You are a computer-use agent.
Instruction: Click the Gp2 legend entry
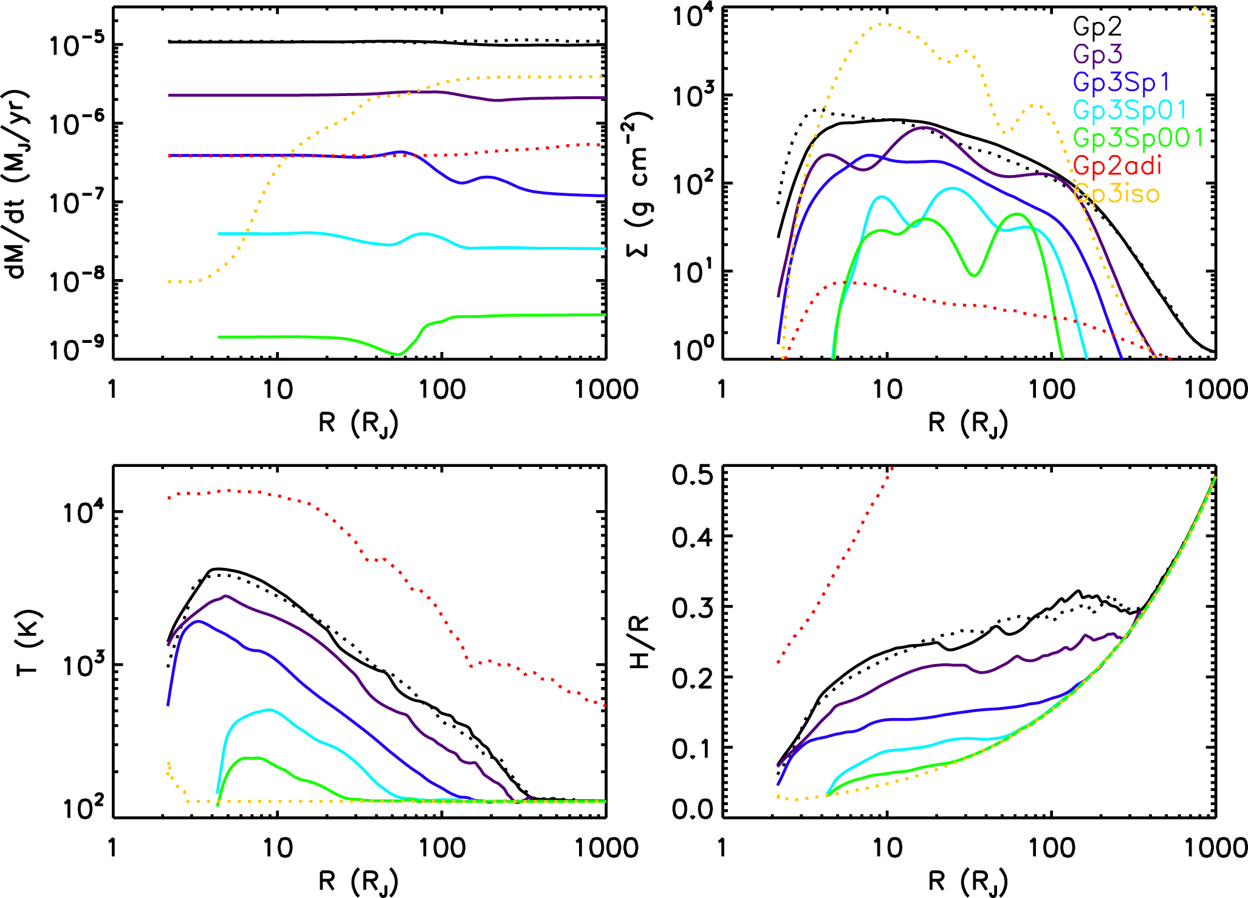1097,27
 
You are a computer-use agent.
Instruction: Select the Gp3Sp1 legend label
1122,82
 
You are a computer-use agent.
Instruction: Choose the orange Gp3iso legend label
1117,194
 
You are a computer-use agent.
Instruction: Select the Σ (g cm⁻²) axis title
639,184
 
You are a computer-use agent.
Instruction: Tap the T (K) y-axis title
27,642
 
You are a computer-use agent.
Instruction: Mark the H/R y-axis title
639,642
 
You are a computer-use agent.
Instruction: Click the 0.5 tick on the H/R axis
693,475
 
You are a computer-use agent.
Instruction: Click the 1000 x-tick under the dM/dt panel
606,389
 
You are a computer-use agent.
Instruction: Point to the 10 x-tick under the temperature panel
278,848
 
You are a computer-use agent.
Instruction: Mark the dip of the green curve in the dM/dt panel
398,353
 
